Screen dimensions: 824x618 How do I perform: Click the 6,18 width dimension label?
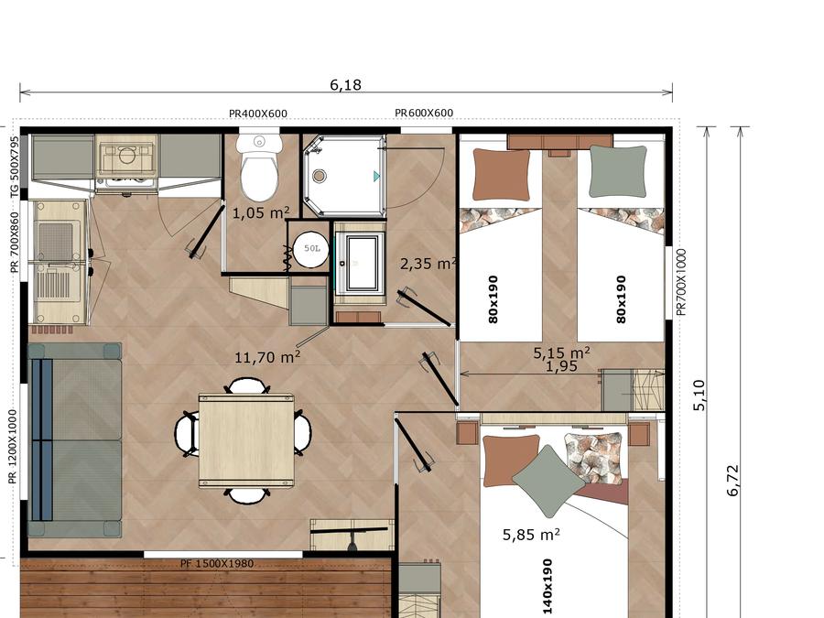345,84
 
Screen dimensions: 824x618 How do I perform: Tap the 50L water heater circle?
311,248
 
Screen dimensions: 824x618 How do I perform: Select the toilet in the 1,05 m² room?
258,168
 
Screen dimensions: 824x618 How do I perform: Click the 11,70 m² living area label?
267,357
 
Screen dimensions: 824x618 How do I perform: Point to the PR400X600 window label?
258,114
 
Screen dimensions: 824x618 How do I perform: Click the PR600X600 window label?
424,113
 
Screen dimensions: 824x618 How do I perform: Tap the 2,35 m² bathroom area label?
428,264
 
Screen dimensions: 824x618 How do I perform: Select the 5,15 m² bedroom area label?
561,352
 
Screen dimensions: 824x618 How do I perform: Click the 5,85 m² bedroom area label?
531,535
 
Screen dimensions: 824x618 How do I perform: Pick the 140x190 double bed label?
548,586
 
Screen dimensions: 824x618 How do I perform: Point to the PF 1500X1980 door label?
217,564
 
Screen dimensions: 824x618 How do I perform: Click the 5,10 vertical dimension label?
699,396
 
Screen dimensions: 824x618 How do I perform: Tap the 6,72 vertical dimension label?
733,481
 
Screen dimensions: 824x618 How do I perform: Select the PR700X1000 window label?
681,282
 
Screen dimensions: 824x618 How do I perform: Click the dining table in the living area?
246,441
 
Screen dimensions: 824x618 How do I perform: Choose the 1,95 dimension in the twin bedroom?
561,366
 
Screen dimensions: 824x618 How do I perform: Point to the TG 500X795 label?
15,168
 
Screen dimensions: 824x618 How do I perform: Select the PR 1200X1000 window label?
13,447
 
